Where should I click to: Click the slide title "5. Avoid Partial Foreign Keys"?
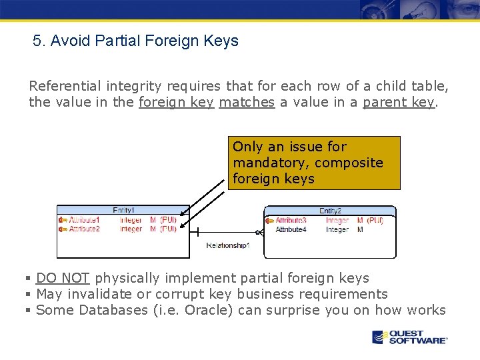click(x=135, y=41)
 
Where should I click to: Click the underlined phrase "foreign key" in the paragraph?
click(x=176, y=102)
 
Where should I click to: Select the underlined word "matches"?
click(x=247, y=102)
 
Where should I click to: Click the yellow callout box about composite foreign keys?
click(x=314, y=163)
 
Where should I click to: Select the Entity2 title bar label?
click(x=330, y=211)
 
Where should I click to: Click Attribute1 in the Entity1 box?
click(x=85, y=220)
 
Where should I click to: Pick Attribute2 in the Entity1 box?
click(x=85, y=229)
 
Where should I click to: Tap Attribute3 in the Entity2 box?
click(x=291, y=220)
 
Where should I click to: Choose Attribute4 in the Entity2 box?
click(x=291, y=229)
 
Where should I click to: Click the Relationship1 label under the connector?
click(x=228, y=245)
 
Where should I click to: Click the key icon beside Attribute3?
click(x=270, y=220)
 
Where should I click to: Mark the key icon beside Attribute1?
click(x=63, y=220)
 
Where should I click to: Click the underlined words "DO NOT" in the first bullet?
click(x=63, y=278)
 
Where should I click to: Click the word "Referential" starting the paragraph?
click(x=65, y=86)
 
